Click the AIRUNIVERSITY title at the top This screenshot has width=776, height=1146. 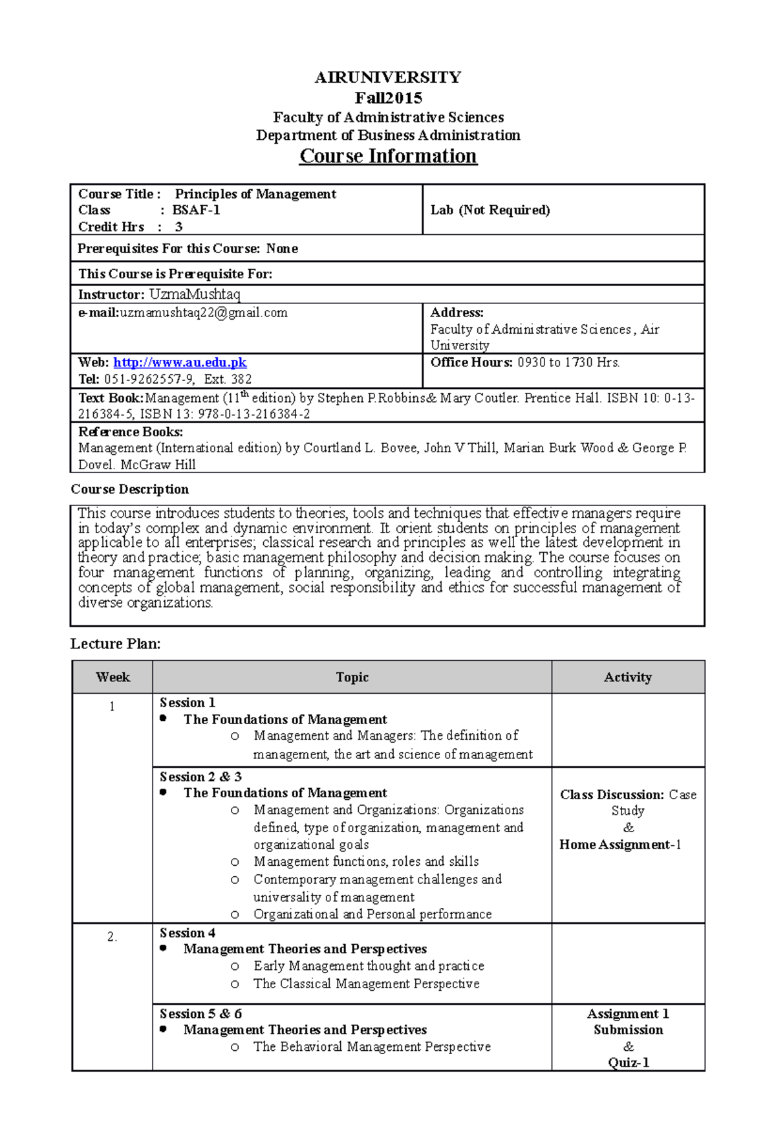click(388, 78)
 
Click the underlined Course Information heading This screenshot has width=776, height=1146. click(388, 157)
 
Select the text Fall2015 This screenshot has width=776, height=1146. click(388, 98)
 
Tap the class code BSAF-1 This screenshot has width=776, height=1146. click(196, 210)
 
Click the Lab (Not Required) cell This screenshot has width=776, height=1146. click(490, 210)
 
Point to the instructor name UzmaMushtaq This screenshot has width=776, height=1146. click(195, 294)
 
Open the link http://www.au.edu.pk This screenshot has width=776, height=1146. click(180, 363)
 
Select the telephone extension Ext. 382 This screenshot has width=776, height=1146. click(228, 380)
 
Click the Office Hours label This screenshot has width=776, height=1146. click(471, 363)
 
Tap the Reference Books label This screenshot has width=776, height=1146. click(131, 432)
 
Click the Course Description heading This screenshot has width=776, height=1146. click(129, 489)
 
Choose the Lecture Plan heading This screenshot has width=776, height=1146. click(115, 644)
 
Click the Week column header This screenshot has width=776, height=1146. click(113, 678)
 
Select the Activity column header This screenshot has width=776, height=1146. click(627, 678)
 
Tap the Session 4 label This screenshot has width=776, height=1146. click(188, 933)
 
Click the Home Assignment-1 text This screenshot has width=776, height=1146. click(620, 844)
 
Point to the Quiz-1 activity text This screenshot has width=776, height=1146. click(628, 1063)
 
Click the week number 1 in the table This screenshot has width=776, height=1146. click(112, 707)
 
